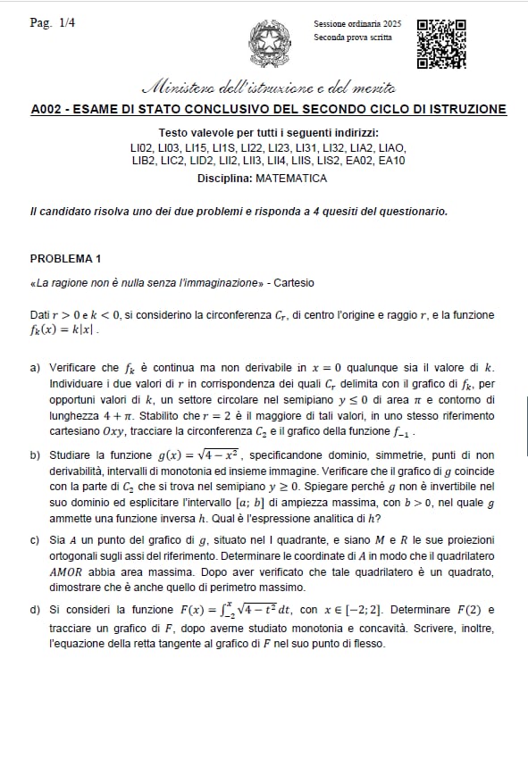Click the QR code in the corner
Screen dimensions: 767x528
(x=442, y=44)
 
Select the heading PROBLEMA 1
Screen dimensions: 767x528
(x=65, y=259)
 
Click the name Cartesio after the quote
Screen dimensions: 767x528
(x=294, y=283)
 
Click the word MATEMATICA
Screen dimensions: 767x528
(x=291, y=179)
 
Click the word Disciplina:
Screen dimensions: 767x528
(x=224, y=179)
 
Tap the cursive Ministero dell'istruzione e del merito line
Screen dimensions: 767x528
(x=269, y=88)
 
